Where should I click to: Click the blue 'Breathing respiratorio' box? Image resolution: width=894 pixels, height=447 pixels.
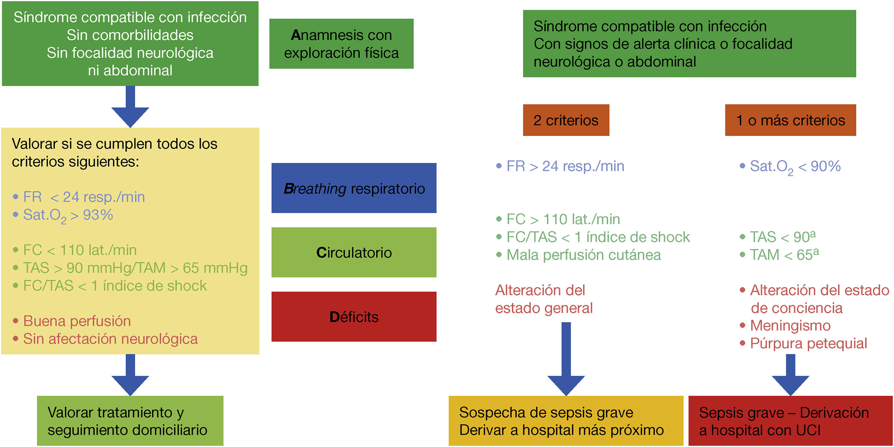click(x=354, y=188)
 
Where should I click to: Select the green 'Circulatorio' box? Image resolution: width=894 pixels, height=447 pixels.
click(x=354, y=252)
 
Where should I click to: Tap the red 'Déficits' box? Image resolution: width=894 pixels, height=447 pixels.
click(x=354, y=316)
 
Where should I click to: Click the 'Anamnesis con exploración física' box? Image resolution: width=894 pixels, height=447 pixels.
click(x=341, y=44)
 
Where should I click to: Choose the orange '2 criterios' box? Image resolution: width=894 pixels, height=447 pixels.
click(x=566, y=120)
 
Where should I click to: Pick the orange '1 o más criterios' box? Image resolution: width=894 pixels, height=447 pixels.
click(x=790, y=120)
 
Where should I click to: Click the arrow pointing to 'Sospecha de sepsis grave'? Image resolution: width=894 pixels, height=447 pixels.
click(x=566, y=361)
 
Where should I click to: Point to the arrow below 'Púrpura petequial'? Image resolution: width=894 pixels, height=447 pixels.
click(x=790, y=375)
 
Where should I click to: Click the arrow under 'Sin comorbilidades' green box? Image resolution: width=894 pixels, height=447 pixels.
click(x=130, y=108)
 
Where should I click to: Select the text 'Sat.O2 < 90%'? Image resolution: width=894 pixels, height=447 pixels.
click(x=795, y=167)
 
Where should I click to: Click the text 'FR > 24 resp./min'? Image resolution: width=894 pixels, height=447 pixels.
click(x=565, y=166)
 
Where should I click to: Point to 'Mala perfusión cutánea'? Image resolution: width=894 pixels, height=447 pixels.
click(x=583, y=255)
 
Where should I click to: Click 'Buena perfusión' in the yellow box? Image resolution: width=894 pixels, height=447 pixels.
click(x=77, y=321)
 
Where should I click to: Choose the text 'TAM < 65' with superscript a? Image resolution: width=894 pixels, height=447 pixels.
click(x=784, y=255)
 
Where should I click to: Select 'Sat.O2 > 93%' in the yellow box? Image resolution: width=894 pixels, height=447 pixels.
click(x=68, y=215)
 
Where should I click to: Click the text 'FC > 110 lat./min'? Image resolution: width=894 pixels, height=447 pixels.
click(x=563, y=219)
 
